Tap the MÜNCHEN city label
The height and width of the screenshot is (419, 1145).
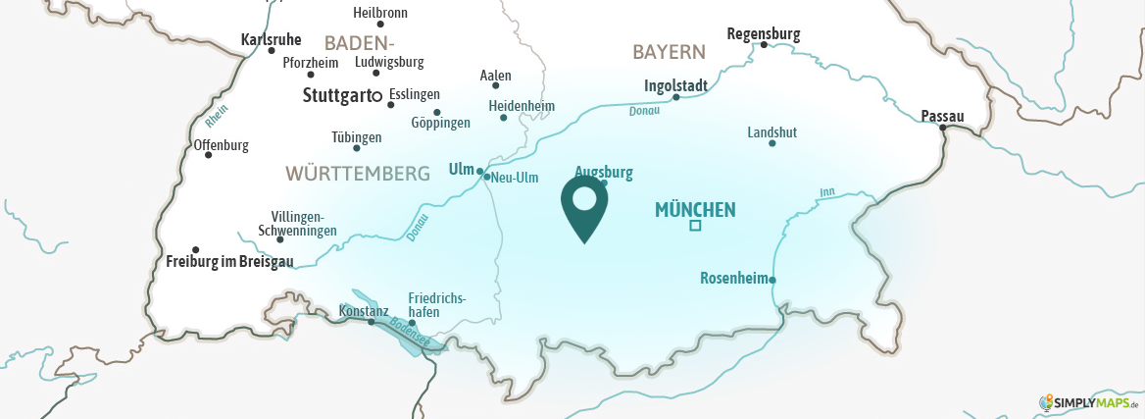[694, 209]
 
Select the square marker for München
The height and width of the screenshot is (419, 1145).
[695, 226]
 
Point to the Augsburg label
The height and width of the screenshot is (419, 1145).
[603, 172]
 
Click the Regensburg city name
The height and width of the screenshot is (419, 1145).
[763, 33]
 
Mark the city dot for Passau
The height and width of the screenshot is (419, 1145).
[942, 127]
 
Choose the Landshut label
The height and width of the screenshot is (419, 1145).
[772, 131]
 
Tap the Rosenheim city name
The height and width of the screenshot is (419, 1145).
[733, 278]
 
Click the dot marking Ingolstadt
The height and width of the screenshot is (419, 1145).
[675, 97]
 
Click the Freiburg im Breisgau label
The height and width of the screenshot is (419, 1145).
[229, 261]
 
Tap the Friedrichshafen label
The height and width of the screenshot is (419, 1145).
[436, 305]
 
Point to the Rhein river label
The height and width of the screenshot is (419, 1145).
[216, 116]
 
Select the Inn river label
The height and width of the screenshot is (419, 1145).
[825, 192]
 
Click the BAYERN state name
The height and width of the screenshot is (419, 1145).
[669, 51]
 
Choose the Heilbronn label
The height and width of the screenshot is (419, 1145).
[379, 13]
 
